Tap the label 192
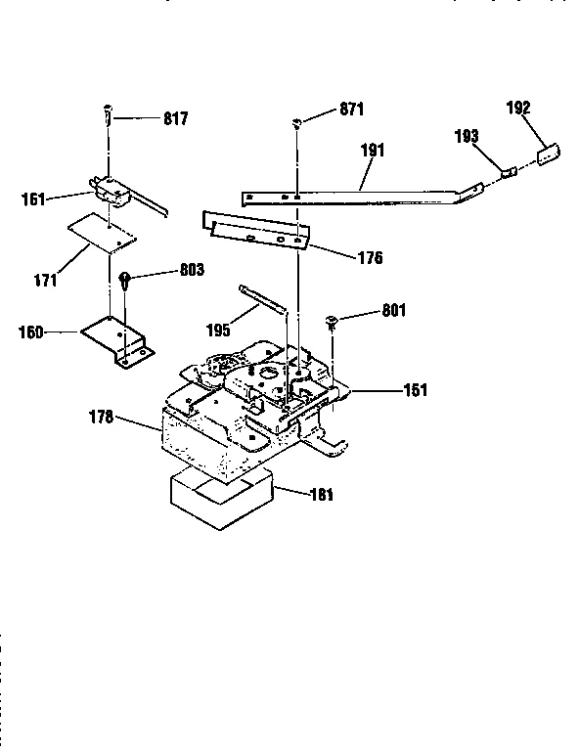pyautogui.click(x=519, y=109)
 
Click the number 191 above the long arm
pyautogui.click(x=372, y=151)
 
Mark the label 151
pyautogui.click(x=416, y=389)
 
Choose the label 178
pyautogui.click(x=101, y=417)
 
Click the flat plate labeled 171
pyautogui.click(x=102, y=235)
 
